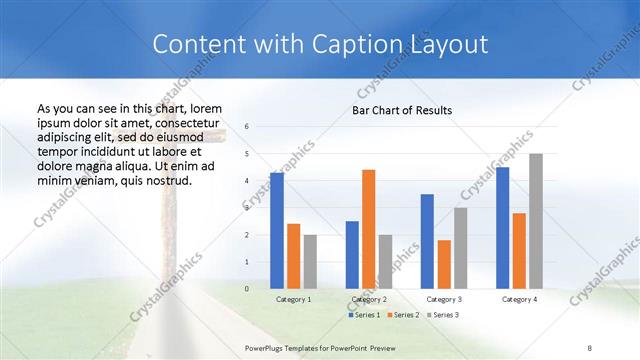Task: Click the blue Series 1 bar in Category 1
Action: point(277,231)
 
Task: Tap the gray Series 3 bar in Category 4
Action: point(536,221)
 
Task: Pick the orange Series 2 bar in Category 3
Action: point(444,264)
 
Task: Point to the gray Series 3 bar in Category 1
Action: point(310,262)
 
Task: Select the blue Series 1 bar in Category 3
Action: point(427,241)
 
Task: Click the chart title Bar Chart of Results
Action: point(401,110)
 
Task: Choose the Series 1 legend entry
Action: point(363,315)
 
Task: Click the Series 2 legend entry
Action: point(402,315)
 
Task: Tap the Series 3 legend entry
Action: point(441,315)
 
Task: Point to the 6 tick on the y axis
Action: point(247,127)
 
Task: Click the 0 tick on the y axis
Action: point(247,289)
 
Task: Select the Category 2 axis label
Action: point(368,299)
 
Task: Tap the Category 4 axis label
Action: point(519,299)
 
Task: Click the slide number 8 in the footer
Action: point(590,345)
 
